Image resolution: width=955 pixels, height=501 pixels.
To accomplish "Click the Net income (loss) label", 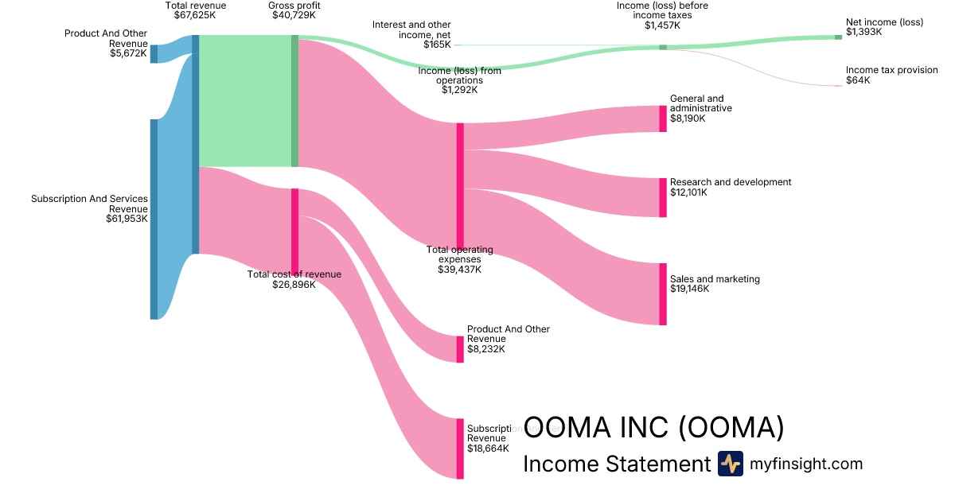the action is coord(884,22).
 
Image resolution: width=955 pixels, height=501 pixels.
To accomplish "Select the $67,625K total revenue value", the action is coord(195,15).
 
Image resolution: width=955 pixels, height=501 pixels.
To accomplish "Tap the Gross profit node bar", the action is coord(294,101).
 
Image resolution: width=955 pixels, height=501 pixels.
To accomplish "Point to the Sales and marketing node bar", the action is coord(663,294).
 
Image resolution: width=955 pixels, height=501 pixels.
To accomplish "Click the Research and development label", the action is coord(731,182).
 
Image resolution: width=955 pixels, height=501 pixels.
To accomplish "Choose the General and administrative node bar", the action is coord(663,118).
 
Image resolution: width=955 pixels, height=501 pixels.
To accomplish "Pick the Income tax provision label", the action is coord(891,70).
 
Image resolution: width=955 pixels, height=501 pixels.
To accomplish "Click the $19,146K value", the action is coord(689,289).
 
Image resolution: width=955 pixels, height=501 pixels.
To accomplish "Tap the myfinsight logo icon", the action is coord(730,464).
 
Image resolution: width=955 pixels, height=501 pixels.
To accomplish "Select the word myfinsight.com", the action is coord(806,464).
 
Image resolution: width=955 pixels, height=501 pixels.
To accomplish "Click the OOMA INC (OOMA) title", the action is coord(653,428).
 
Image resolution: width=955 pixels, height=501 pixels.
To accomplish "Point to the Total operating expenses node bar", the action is coord(460,186).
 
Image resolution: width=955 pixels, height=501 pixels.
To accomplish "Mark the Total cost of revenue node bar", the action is coord(294,231).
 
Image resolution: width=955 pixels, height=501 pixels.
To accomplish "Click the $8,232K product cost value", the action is coord(487,349).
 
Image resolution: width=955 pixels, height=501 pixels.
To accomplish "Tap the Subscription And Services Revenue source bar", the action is coord(154,219).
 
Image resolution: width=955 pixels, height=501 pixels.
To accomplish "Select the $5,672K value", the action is coord(128,53).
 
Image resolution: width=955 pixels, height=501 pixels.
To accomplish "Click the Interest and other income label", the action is coord(411,30).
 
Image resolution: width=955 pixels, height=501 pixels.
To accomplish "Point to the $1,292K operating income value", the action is coord(460,90).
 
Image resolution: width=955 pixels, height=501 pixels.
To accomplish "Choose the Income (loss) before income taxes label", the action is coord(662,10).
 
